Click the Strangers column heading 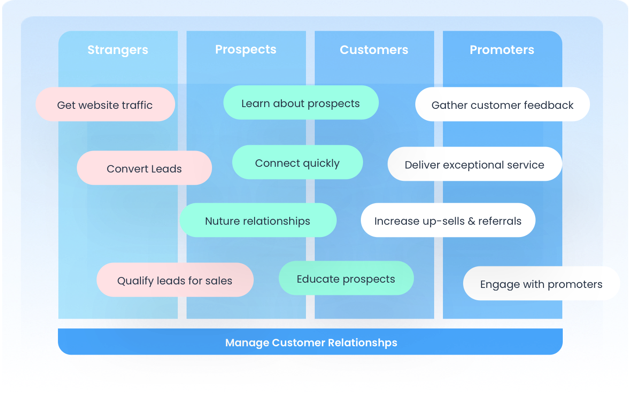[118, 50]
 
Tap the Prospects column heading [246, 50]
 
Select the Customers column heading [374, 50]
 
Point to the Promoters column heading [502, 50]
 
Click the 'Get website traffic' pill [105, 104]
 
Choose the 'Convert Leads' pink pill [144, 168]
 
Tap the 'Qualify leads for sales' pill [175, 280]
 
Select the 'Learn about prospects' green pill [301, 103]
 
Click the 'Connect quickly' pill [297, 162]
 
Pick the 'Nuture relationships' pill [258, 220]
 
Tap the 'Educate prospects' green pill [346, 278]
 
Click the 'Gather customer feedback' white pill [502, 104]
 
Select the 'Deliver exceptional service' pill [475, 164]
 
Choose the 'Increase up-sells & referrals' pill [448, 220]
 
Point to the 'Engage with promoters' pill [541, 284]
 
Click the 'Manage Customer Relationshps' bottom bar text [311, 342]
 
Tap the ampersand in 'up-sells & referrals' [471, 221]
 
